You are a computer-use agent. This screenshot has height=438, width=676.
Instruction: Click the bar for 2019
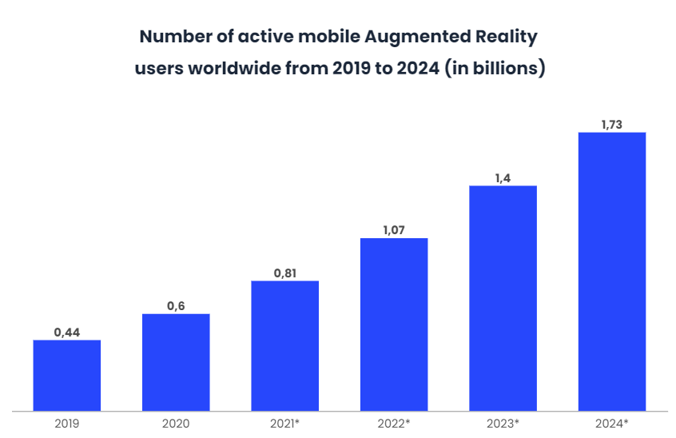pyautogui.click(x=67, y=375)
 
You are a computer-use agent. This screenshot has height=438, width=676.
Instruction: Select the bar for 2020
pyautogui.click(x=176, y=362)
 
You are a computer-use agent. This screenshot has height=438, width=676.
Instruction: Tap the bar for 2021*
pyautogui.click(x=285, y=345)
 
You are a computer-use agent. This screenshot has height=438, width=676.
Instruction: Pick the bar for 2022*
pyautogui.click(x=394, y=324)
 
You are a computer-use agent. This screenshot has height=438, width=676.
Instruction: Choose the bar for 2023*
pyautogui.click(x=503, y=297)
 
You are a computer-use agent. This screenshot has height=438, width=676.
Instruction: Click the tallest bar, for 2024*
pyautogui.click(x=612, y=271)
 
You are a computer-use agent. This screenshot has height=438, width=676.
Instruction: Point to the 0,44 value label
pyautogui.click(x=67, y=332)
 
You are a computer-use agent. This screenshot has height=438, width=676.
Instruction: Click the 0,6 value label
pyautogui.click(x=176, y=305)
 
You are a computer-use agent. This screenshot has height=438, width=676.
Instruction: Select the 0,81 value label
pyautogui.click(x=285, y=273)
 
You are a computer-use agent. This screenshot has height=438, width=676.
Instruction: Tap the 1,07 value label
pyautogui.click(x=394, y=230)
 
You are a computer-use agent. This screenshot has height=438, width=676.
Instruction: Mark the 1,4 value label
pyautogui.click(x=503, y=177)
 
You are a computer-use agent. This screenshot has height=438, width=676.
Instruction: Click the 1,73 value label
pyautogui.click(x=612, y=124)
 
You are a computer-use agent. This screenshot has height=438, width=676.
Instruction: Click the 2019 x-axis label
pyautogui.click(x=67, y=424)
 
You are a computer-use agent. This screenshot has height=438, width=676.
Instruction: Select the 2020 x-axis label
pyautogui.click(x=176, y=424)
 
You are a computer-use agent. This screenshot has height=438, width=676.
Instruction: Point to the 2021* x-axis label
pyautogui.click(x=285, y=424)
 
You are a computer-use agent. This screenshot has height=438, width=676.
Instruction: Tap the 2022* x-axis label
pyautogui.click(x=394, y=424)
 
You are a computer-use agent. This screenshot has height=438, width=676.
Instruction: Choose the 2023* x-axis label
pyautogui.click(x=503, y=424)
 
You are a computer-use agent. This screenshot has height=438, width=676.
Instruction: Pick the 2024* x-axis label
pyautogui.click(x=612, y=424)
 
